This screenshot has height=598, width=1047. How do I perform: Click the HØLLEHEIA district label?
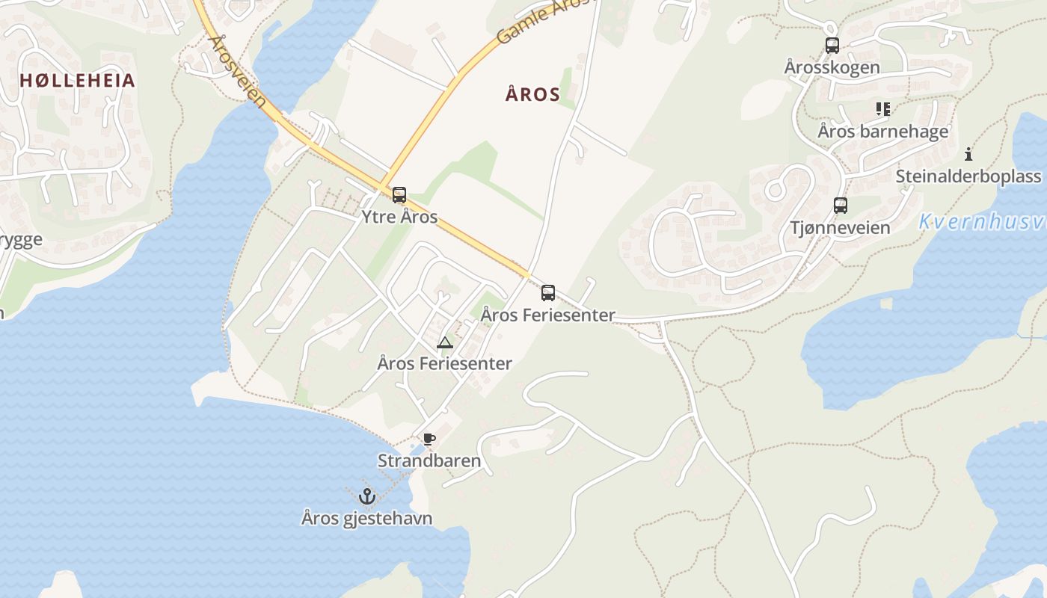(77, 81)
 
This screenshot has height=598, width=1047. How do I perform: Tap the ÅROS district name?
(532, 94)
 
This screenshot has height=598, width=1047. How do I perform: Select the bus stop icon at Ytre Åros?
(399, 196)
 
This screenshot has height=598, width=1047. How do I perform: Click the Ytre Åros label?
(399, 217)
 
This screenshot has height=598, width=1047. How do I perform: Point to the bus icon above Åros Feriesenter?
(548, 293)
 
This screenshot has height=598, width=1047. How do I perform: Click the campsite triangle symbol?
(445, 343)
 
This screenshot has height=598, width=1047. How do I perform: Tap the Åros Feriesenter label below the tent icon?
(445, 364)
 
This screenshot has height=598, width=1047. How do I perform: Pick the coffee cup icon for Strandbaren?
(429, 439)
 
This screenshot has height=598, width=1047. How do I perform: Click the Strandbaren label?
(429, 460)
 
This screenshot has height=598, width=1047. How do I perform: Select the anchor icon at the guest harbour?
(366, 496)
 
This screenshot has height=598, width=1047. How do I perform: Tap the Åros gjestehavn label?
(366, 517)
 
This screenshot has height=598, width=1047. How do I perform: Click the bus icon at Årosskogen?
(832, 46)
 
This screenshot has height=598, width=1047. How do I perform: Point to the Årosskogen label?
(832, 67)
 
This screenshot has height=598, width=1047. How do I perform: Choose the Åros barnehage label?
(882, 132)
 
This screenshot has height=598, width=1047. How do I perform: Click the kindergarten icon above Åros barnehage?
(883, 109)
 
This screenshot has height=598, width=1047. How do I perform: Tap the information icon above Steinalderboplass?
(968, 155)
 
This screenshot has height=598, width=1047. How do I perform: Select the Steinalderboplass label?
(968, 176)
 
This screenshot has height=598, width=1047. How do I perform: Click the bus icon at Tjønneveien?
(841, 206)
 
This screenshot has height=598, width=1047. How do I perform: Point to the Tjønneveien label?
(841, 227)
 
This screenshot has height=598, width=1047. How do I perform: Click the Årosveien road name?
(238, 72)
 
